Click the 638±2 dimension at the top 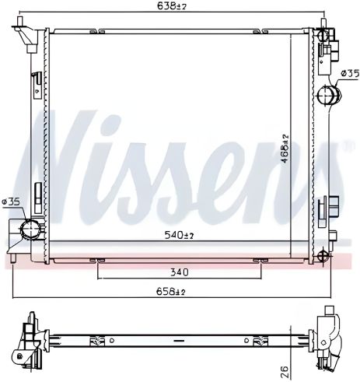point(172,6)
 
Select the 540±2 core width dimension point(180,235)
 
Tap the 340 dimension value point(180,272)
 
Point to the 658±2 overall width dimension point(171,292)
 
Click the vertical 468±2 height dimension point(285,149)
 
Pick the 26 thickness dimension point(285,369)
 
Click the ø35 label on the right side point(351,74)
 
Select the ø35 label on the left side point(10,202)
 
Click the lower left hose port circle point(30,228)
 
